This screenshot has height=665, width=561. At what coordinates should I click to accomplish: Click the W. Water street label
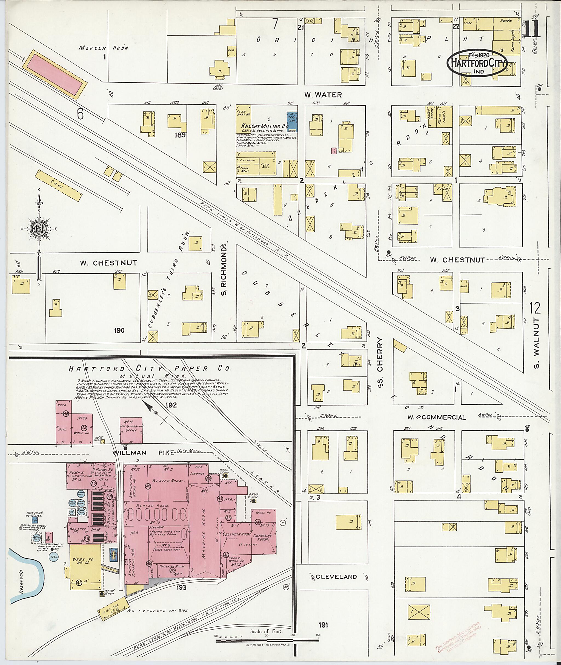point(322,94)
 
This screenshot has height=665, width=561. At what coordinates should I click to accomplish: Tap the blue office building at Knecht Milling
point(292,121)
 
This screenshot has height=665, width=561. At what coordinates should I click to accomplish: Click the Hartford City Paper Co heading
point(149,369)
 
